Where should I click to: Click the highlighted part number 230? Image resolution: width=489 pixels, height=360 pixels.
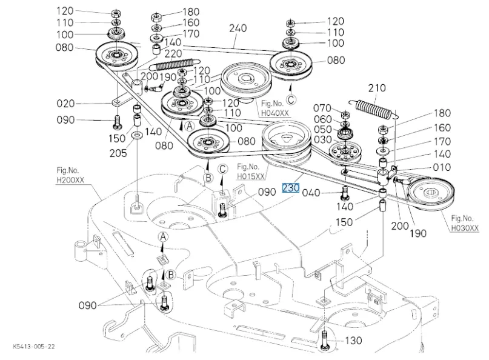pyautogui.click(x=291, y=188)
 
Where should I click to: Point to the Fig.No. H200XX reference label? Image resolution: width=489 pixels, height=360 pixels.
pyautogui.click(x=70, y=176)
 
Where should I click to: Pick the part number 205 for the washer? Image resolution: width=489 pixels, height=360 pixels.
pyautogui.click(x=118, y=153)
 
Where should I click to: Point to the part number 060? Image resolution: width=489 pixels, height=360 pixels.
pyautogui.click(x=323, y=119)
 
